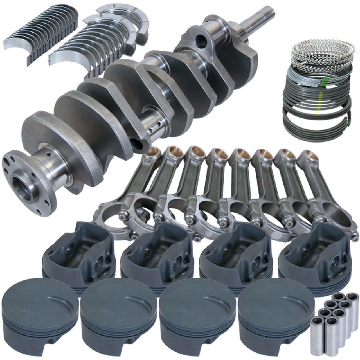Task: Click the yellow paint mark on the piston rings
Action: (x=317, y=112)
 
